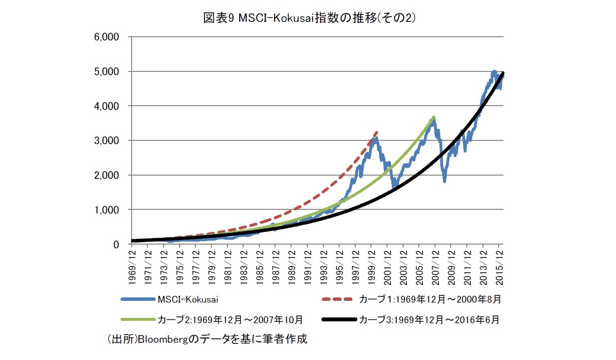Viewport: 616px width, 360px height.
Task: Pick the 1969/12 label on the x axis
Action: [x=132, y=266]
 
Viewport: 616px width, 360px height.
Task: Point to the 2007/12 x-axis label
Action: [x=435, y=266]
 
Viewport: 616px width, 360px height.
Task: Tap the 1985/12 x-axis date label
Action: [x=259, y=266]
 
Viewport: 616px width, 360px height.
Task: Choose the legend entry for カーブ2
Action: [x=230, y=320]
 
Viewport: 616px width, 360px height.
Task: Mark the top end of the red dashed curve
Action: [x=377, y=131]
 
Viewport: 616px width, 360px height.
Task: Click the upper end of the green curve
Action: [x=433, y=116]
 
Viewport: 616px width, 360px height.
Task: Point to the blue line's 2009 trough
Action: [x=444, y=181]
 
